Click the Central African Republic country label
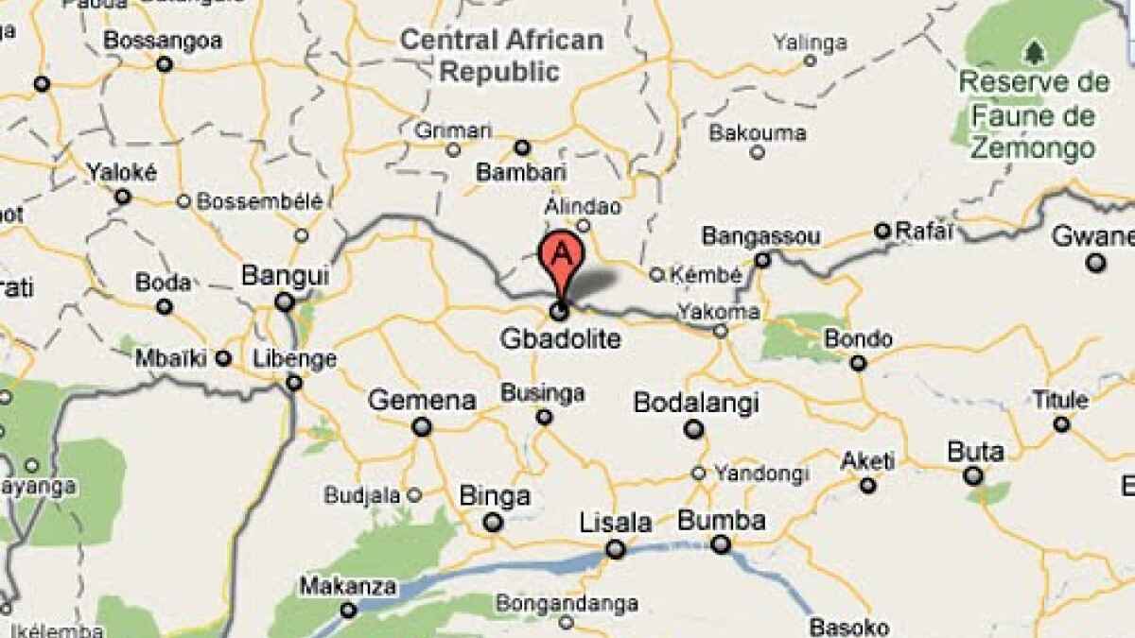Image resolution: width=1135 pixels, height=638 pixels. [x=501, y=55]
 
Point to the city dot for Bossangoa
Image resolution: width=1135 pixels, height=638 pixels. [x=165, y=64]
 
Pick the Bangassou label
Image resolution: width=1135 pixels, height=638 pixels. [x=760, y=236]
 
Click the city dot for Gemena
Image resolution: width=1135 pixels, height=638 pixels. [x=422, y=427]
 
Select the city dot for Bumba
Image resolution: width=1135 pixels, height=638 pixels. [x=721, y=544]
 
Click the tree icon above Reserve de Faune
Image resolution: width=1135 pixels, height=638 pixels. [x=1035, y=49]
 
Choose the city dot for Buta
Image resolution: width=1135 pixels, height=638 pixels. [x=974, y=476]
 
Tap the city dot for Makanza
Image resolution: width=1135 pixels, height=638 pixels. [x=348, y=610]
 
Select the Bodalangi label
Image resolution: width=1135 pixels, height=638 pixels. [x=696, y=403]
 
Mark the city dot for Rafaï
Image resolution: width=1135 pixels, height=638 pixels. [x=882, y=231]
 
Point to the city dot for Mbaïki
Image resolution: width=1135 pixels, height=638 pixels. [x=224, y=358]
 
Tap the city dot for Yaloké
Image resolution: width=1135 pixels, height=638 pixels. [x=123, y=197]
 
